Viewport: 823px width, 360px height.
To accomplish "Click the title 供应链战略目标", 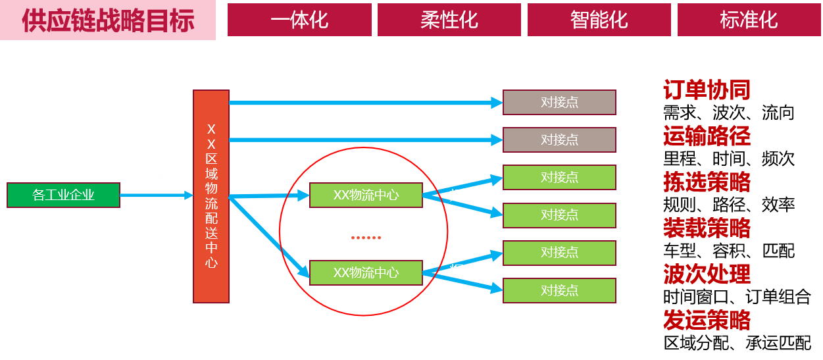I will (x=108, y=20).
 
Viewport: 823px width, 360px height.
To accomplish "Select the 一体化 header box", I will (x=299, y=20).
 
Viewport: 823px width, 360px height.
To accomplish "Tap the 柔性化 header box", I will (x=449, y=20).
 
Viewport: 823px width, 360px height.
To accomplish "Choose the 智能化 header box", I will (x=599, y=20).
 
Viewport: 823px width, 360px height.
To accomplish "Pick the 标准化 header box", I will (x=749, y=20).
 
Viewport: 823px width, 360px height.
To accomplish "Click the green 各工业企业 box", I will (x=63, y=195).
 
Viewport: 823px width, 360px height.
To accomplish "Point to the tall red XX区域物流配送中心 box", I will (x=211, y=196).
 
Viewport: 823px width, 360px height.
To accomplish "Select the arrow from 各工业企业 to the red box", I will (x=156, y=195).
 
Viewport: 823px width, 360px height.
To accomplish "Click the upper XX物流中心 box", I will (x=366, y=195).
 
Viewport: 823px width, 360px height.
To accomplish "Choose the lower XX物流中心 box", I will (x=366, y=272).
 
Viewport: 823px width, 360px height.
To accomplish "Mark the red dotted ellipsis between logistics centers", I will (x=366, y=238).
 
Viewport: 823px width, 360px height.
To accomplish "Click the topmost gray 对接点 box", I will (x=559, y=102).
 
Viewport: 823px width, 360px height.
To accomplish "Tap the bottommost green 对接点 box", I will (x=559, y=290).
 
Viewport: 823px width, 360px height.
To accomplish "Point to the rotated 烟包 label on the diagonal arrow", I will (x=281, y=232).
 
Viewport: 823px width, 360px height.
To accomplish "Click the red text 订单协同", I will (x=707, y=91).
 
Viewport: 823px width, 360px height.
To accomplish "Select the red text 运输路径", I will (x=707, y=137).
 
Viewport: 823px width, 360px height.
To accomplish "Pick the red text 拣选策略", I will (x=707, y=182).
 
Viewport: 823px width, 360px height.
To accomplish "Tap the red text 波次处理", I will (x=707, y=274).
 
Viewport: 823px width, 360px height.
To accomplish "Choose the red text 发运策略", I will (x=707, y=321).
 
